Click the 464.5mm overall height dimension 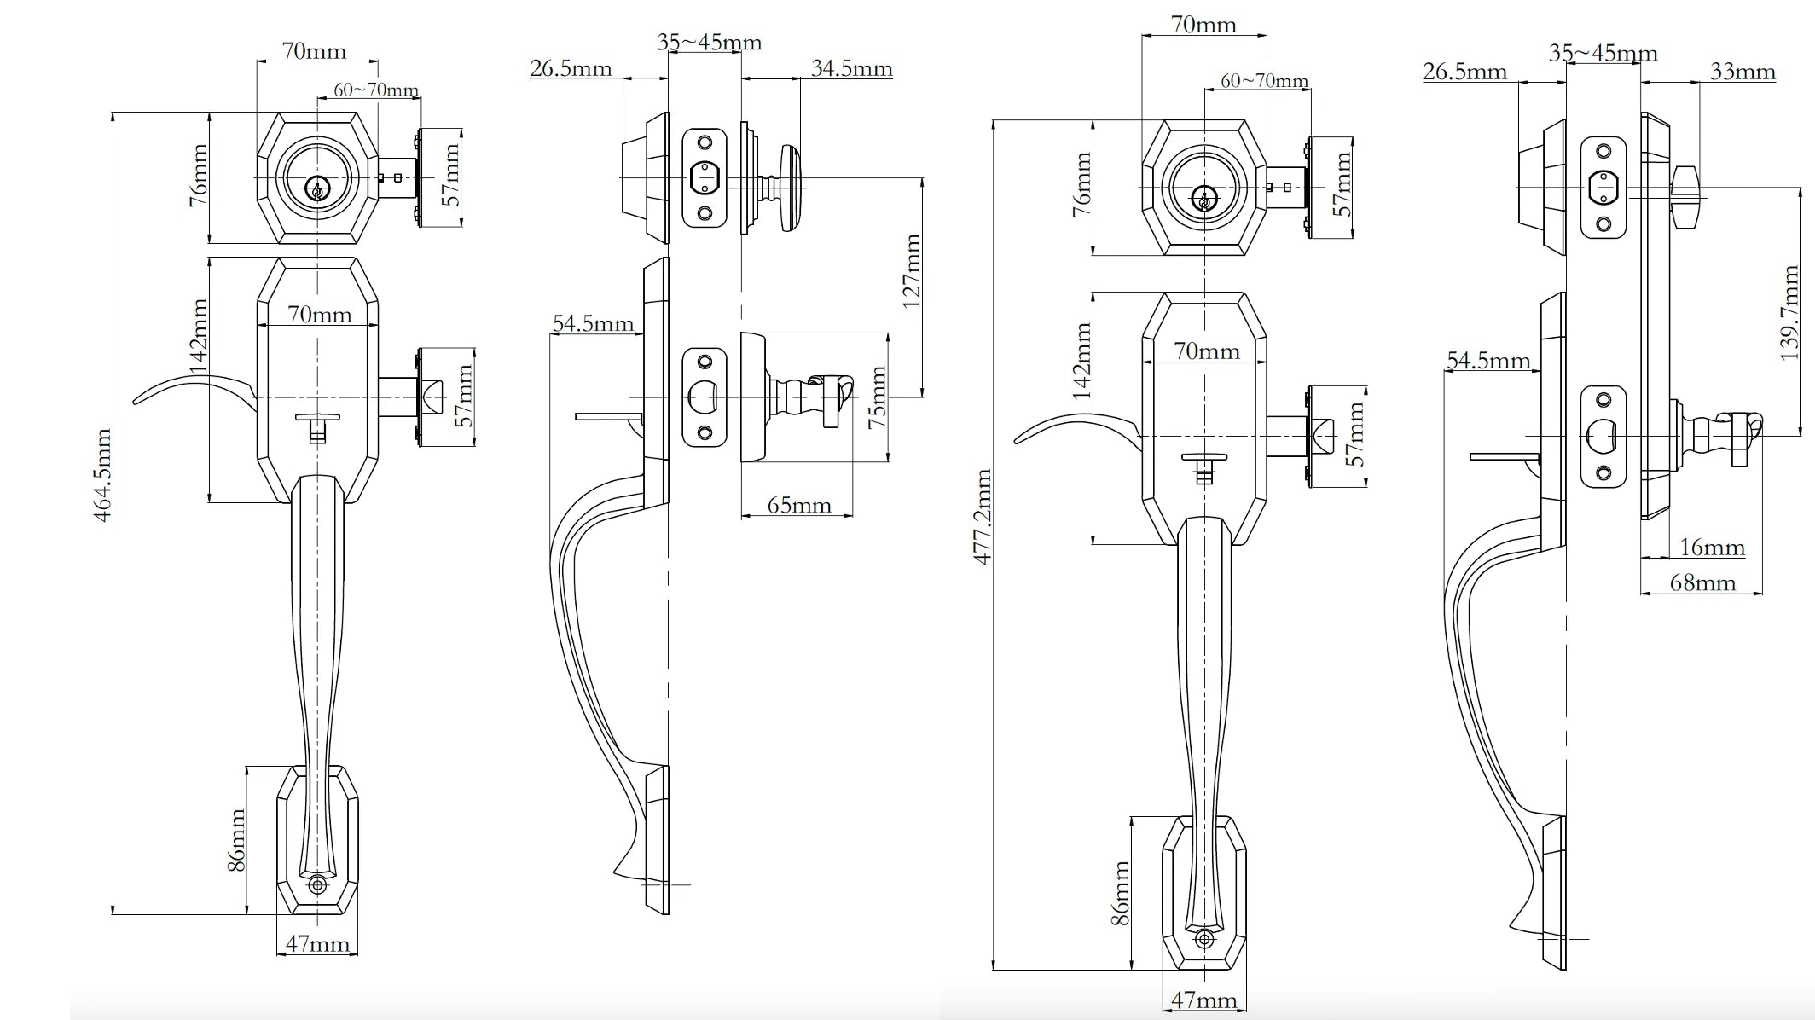102,475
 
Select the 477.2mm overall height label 983,516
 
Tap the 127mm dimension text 912,270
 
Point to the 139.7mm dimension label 1789,313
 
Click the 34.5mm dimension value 851,68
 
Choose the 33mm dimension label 1742,72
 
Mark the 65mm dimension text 799,505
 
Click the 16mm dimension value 1712,548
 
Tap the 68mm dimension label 1702,583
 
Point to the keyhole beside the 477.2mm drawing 1203,200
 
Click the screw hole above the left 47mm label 317,885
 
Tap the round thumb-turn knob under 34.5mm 790,187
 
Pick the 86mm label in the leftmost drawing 237,840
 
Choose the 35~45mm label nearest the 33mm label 1603,53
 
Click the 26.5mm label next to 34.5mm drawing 571,68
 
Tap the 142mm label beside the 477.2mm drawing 1082,361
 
